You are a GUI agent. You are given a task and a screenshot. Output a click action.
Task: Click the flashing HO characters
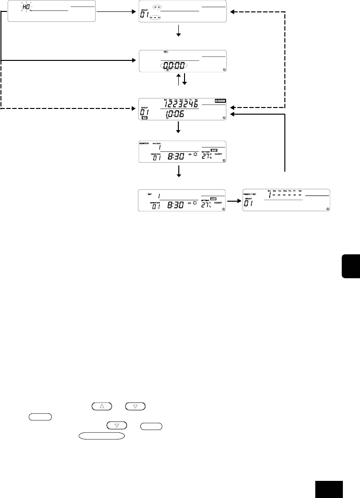25,6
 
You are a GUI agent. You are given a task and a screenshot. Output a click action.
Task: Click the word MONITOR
145,142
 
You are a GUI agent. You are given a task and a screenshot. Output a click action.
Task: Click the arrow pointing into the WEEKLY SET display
234,201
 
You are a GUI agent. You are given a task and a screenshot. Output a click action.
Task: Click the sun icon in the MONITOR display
194,156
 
